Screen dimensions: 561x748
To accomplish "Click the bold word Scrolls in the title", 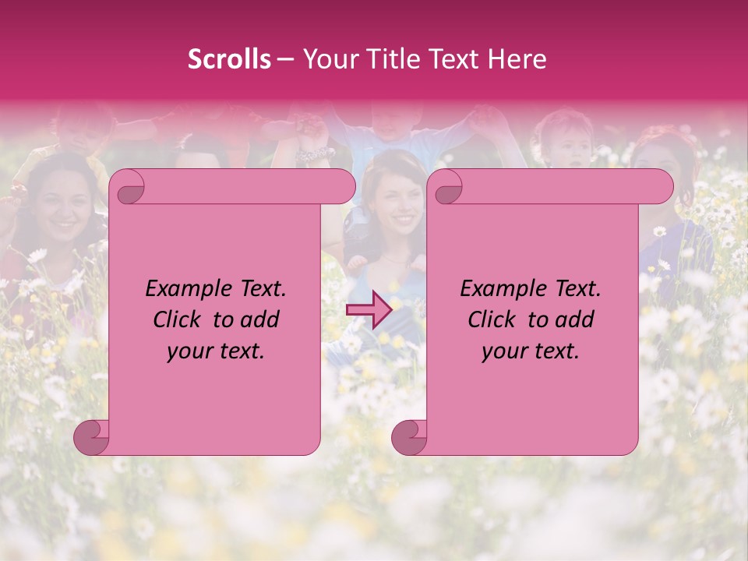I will (x=229, y=59).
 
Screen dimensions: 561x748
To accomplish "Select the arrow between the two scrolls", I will (x=368, y=310).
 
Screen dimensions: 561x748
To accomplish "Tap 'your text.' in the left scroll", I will (x=216, y=351).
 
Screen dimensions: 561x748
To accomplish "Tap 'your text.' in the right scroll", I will (x=531, y=351).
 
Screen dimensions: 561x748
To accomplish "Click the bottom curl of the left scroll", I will (x=92, y=437).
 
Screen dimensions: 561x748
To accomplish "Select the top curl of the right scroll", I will (x=447, y=187).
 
